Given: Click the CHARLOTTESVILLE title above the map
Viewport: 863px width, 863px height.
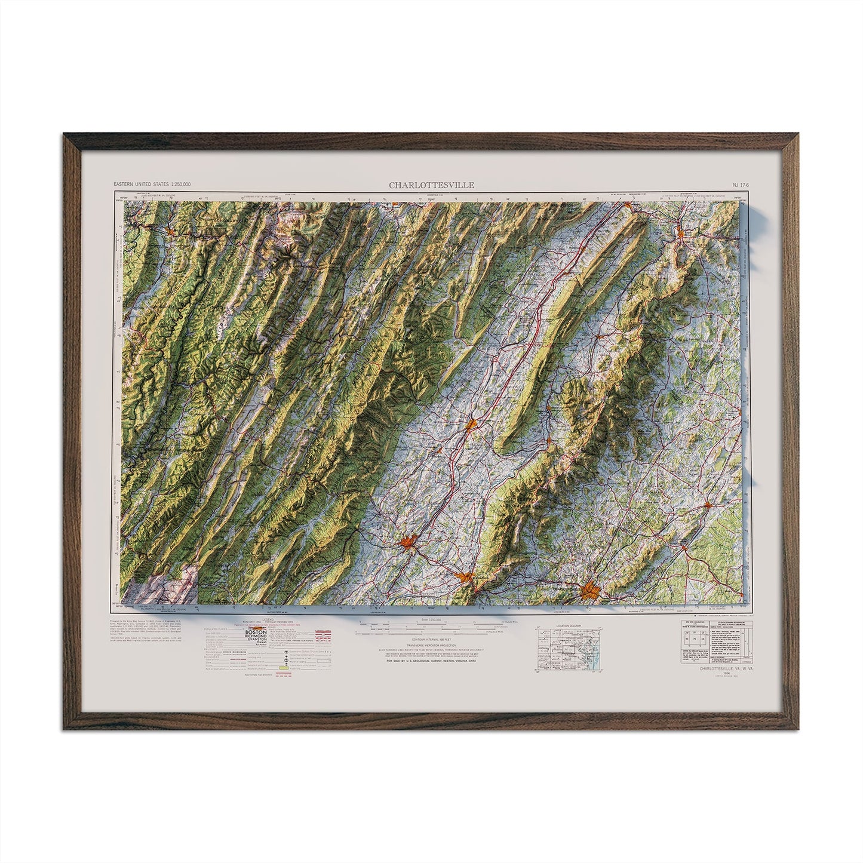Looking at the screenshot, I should [432, 185].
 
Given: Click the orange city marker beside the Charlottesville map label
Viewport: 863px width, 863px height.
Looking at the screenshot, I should [591, 589].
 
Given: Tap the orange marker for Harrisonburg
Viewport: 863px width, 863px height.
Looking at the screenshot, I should [472, 425].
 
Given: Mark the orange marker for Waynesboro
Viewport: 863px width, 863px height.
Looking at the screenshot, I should [465, 578].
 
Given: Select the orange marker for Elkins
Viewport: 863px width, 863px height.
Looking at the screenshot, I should [170, 230].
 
